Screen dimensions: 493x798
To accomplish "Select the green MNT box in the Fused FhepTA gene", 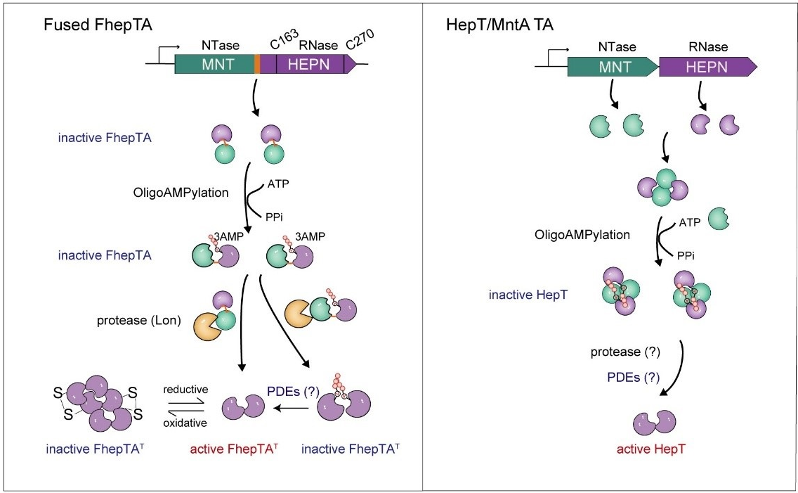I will tap(214, 65).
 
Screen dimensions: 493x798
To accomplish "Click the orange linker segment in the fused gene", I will tap(257, 65).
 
